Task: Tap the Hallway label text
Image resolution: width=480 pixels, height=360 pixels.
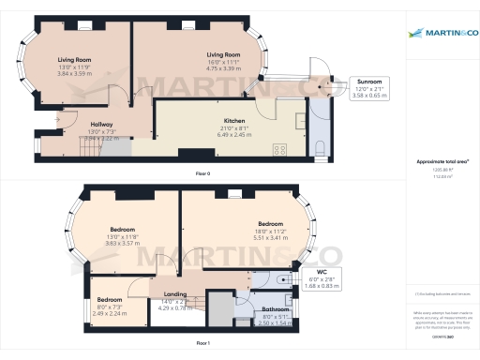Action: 101,125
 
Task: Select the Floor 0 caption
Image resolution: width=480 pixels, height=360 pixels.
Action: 202,174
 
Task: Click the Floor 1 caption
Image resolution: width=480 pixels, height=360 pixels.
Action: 202,344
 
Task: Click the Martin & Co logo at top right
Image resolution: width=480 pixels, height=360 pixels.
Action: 442,35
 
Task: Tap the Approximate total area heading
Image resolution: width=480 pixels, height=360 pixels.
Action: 442,161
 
